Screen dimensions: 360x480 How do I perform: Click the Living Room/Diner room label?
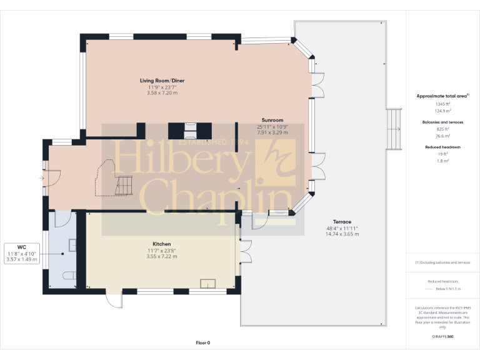point(162,81)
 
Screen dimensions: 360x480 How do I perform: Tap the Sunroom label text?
point(272,119)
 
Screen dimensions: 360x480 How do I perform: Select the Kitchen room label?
point(162,244)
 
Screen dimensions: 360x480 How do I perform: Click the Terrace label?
point(342,222)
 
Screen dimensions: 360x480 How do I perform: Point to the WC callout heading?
point(21,247)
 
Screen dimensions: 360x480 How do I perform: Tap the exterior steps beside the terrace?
point(394,129)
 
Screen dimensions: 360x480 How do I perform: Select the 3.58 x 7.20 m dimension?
point(162,93)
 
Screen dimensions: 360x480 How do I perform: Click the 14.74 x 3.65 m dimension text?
point(342,234)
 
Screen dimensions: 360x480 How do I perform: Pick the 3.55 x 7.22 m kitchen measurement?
point(162,256)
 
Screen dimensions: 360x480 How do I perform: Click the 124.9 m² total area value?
point(442,111)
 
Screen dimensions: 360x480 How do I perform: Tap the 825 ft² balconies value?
point(442,129)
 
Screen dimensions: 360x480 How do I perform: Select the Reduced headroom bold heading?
point(442,147)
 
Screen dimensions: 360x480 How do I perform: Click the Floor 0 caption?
point(203,342)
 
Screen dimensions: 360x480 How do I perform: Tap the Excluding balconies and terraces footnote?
point(442,262)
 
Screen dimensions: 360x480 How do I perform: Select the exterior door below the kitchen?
point(113,301)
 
